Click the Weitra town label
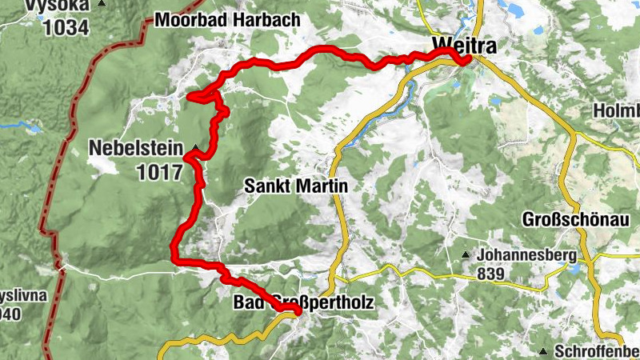[x=463, y=46]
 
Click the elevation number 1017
[x=160, y=170]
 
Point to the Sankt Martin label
[x=295, y=186]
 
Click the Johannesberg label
[x=526, y=256]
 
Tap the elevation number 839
[x=492, y=274]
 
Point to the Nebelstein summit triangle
[x=194, y=147]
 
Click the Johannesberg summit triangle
[x=466, y=256]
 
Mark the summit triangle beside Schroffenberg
[x=543, y=351]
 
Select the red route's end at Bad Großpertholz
[x=296, y=310]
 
